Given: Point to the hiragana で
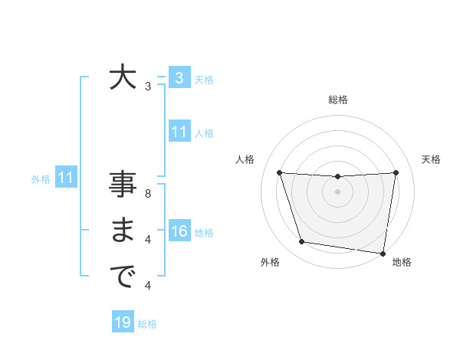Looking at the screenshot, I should coord(123,277).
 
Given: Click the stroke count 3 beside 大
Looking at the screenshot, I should coord(148,87).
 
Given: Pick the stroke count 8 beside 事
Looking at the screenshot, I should coord(148,194).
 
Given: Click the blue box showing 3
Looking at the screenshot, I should coord(179,77).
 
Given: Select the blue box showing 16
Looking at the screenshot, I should coord(179,231).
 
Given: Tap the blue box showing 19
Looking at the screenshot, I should coord(123,322).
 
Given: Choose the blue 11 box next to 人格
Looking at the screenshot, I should coord(179,132).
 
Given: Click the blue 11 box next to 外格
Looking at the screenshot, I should coord(65,178).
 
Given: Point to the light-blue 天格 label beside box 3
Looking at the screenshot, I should coord(204,79).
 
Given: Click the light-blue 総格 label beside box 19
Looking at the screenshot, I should coord(147,324).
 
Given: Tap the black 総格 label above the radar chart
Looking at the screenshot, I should coord(337,100).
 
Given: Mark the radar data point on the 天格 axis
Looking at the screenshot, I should coord(396,172).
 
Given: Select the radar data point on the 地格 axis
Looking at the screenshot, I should coord(383,253).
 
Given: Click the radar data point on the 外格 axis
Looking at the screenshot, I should coord(302,242).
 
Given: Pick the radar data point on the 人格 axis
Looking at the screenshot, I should coord(279,172).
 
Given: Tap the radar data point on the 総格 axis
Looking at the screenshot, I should coord(337,176).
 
